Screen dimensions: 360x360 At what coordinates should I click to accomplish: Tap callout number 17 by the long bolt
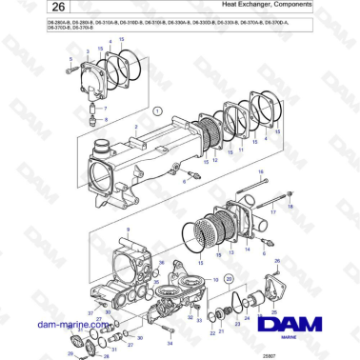tap(270, 214)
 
